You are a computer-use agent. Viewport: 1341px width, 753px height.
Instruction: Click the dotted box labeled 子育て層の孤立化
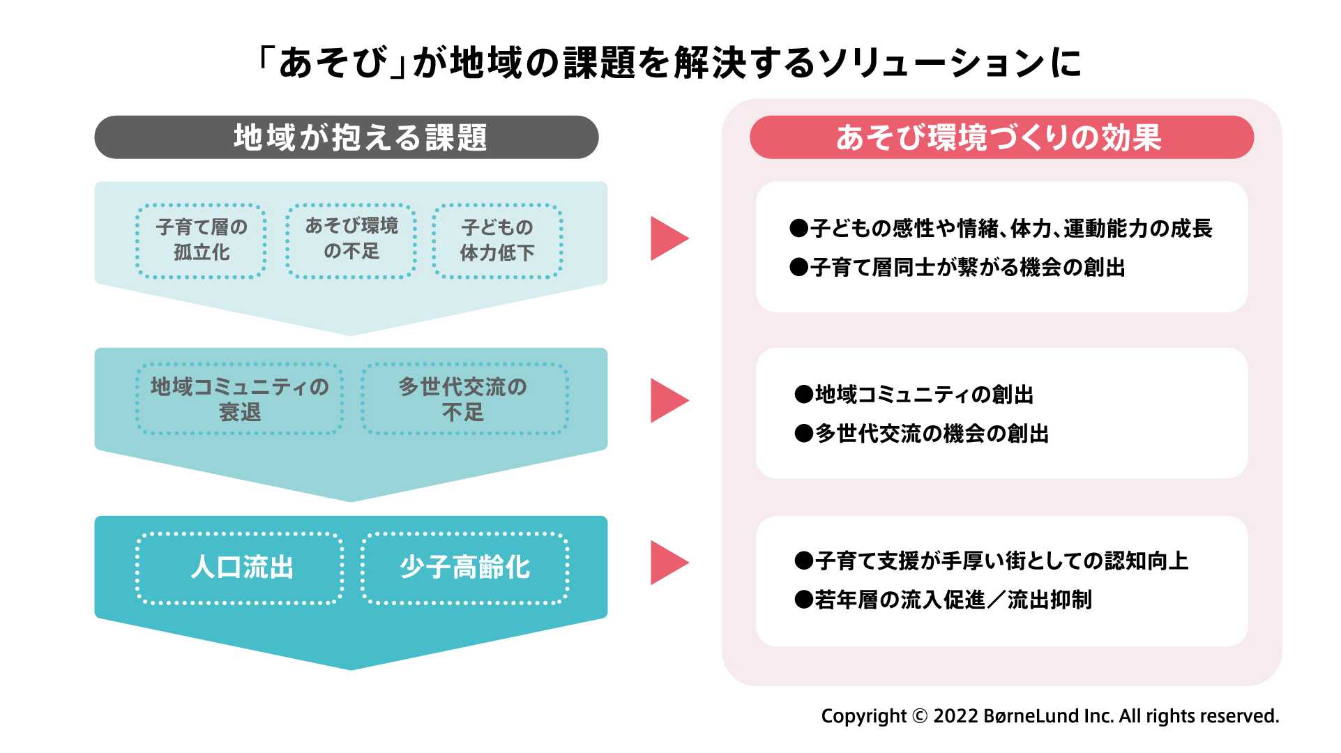tap(201, 241)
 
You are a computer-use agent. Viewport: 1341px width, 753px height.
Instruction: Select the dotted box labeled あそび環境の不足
tap(351, 241)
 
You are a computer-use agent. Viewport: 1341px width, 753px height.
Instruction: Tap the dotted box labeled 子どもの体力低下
tap(497, 241)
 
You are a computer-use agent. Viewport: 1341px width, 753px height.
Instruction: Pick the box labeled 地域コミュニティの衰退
tap(239, 399)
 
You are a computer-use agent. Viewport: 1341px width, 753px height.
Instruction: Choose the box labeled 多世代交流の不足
tap(464, 399)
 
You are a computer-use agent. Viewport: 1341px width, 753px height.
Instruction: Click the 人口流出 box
tap(239, 568)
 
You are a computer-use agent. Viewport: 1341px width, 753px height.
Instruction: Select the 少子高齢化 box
tap(464, 568)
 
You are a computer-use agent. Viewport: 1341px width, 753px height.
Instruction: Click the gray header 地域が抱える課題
tap(347, 137)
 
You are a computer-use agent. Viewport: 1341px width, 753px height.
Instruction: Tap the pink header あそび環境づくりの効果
tap(1001, 137)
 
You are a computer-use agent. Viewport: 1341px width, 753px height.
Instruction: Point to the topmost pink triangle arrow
tap(667, 238)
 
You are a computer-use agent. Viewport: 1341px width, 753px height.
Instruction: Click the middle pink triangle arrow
tap(667, 400)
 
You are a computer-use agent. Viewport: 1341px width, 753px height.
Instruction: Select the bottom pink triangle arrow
tap(667, 563)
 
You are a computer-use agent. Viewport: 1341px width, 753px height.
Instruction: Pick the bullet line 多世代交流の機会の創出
tap(921, 434)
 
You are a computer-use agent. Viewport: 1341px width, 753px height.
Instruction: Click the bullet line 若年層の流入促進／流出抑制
tap(943, 600)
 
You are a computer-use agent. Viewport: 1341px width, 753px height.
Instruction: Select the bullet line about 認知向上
tap(991, 561)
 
